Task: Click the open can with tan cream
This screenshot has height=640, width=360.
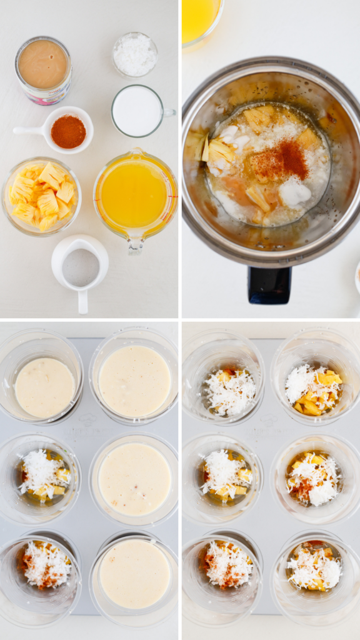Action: point(42,66)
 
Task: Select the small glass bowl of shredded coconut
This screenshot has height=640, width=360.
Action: point(134,54)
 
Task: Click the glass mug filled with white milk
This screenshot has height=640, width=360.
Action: point(137,111)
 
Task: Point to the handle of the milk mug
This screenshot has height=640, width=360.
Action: point(169,112)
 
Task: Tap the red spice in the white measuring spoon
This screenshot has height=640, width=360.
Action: point(68,131)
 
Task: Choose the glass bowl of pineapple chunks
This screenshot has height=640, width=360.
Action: point(41,196)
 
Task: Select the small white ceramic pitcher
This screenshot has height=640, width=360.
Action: point(80,266)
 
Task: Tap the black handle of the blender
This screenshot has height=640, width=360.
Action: point(269,285)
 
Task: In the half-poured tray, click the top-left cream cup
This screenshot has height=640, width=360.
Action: point(44,387)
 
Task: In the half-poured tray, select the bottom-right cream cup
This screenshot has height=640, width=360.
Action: point(134,574)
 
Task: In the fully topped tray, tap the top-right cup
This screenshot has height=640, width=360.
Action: point(314,391)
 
